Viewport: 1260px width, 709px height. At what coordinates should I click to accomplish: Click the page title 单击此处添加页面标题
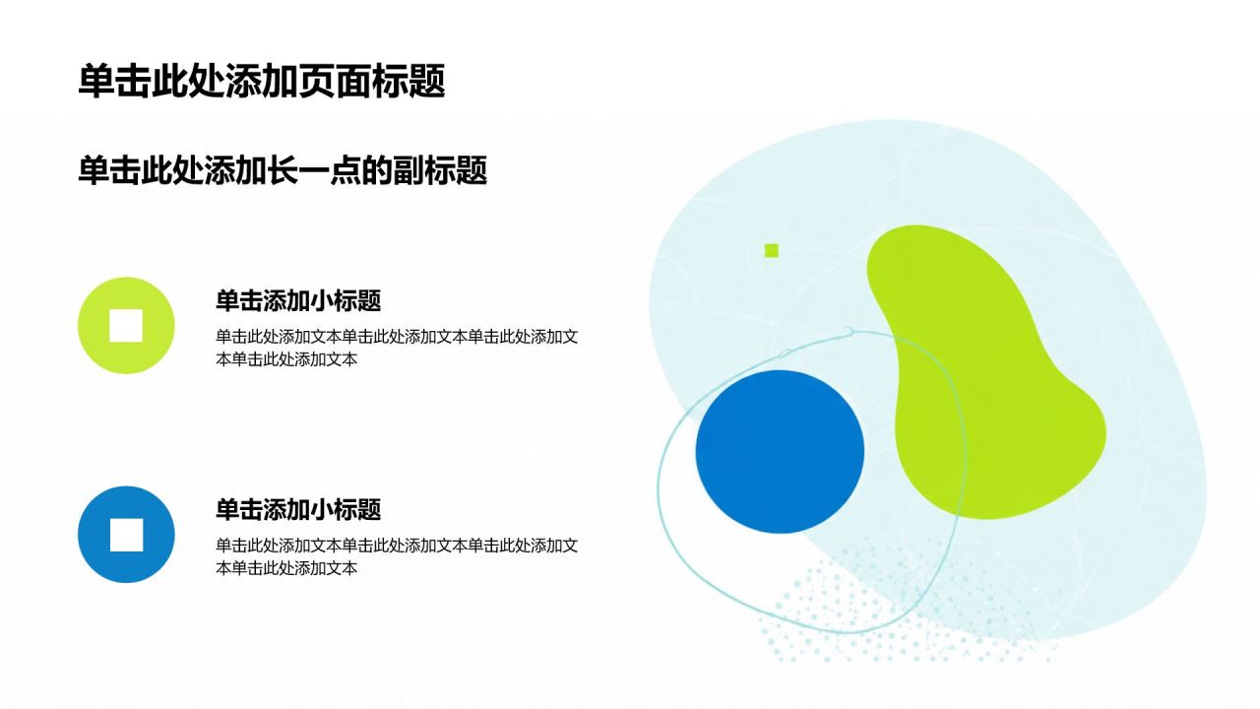point(262,81)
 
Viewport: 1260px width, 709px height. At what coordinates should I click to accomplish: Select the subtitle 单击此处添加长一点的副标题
point(283,170)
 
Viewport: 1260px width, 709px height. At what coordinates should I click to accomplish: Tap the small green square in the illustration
point(771,250)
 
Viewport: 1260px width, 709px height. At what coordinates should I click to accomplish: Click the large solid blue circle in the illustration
point(780,451)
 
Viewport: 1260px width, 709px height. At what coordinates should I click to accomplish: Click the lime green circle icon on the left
point(126,325)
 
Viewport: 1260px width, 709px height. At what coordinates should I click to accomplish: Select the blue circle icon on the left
point(126,534)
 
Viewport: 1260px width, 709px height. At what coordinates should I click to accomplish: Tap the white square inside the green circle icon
point(126,325)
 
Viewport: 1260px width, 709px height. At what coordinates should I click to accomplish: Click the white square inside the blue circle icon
point(126,535)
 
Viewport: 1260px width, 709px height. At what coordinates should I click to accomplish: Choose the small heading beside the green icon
point(298,301)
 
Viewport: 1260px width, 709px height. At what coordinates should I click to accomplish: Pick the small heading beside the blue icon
point(298,510)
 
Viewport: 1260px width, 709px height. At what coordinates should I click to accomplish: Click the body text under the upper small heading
point(397,348)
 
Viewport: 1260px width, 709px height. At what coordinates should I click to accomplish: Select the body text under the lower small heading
point(397,556)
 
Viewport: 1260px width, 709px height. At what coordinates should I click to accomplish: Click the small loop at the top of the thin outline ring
point(849,332)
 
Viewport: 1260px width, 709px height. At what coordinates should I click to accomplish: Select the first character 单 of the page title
point(96,81)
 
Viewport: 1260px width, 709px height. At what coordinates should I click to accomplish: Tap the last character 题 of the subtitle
point(472,170)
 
